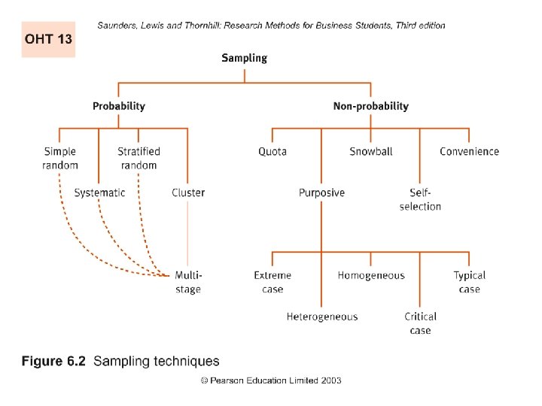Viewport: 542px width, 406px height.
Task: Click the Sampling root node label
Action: click(x=244, y=58)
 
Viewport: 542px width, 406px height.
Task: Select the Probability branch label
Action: click(x=119, y=106)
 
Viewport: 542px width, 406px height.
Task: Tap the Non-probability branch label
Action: click(x=370, y=106)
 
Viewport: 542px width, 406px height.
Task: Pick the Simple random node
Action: click(x=60, y=158)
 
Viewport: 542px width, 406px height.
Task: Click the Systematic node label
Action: click(x=99, y=192)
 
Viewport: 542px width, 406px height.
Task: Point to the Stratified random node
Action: click(x=139, y=158)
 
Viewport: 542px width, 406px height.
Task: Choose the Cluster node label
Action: click(x=188, y=192)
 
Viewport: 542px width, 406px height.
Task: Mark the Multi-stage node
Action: click(x=188, y=282)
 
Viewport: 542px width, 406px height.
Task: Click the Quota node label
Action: click(x=273, y=151)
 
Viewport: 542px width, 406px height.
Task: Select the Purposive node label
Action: click(x=321, y=192)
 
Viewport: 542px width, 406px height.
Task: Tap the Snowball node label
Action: click(x=371, y=151)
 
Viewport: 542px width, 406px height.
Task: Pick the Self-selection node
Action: click(x=420, y=199)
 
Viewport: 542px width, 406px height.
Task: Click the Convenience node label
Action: click(x=469, y=151)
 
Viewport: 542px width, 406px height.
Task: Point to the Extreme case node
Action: click(x=273, y=282)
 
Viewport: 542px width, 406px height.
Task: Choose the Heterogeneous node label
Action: click(x=322, y=317)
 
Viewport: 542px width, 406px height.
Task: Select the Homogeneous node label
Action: click(x=371, y=276)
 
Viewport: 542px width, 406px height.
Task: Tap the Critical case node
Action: click(x=420, y=323)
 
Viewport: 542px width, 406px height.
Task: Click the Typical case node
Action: click(x=469, y=282)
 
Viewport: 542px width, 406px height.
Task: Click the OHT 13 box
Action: click(x=48, y=39)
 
